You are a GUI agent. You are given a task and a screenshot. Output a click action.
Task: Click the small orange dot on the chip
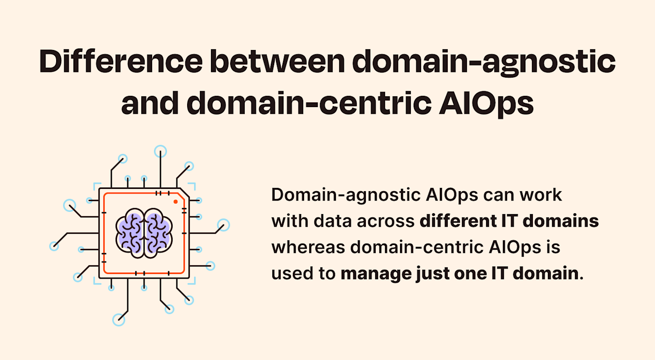point(175,202)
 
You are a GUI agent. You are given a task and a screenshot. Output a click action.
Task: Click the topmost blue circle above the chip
point(160,151)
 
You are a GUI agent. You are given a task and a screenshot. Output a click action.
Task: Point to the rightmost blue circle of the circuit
point(224,225)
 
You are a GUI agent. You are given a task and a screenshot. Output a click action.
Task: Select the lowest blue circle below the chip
point(119,320)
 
